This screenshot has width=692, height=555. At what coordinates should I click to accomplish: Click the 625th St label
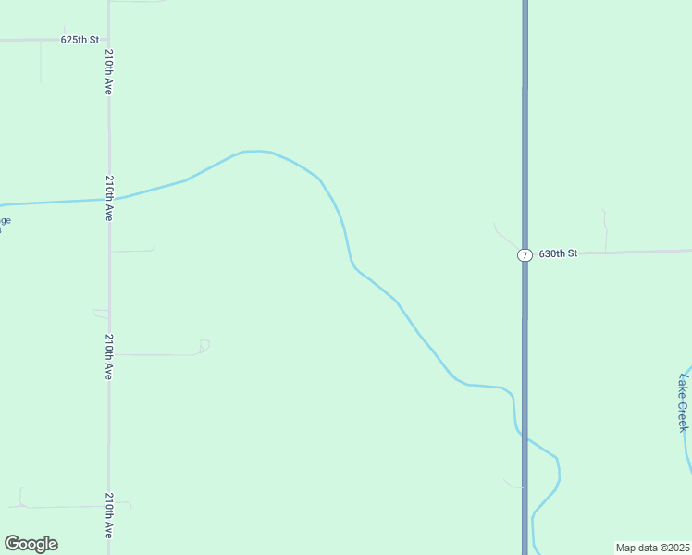(80, 41)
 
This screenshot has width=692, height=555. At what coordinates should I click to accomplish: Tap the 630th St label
(558, 253)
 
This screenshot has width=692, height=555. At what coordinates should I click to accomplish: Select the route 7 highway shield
(525, 254)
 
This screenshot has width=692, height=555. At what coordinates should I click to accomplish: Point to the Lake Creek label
(684, 403)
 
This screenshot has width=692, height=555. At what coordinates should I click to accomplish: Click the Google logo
(31, 544)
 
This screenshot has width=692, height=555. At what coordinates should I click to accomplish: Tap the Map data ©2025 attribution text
(653, 548)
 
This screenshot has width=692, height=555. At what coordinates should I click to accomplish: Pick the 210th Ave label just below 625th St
(109, 71)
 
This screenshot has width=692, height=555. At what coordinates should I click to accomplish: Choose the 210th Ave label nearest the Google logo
(109, 516)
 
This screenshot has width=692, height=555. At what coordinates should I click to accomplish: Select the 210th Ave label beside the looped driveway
(109, 358)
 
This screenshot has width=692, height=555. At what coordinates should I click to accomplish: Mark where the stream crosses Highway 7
(525, 436)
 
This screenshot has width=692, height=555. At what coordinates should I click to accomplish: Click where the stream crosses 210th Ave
(109, 199)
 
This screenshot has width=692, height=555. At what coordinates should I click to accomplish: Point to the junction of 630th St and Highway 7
(525, 252)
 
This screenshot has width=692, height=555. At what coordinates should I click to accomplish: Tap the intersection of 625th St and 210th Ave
(109, 41)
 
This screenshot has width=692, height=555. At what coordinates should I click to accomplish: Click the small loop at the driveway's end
(204, 345)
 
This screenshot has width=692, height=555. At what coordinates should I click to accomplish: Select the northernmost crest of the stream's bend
(255, 151)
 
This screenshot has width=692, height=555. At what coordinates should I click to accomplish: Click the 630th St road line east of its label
(638, 252)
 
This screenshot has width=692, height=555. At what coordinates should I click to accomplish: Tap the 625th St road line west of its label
(28, 41)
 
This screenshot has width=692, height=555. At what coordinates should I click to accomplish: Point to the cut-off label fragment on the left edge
(5, 224)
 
